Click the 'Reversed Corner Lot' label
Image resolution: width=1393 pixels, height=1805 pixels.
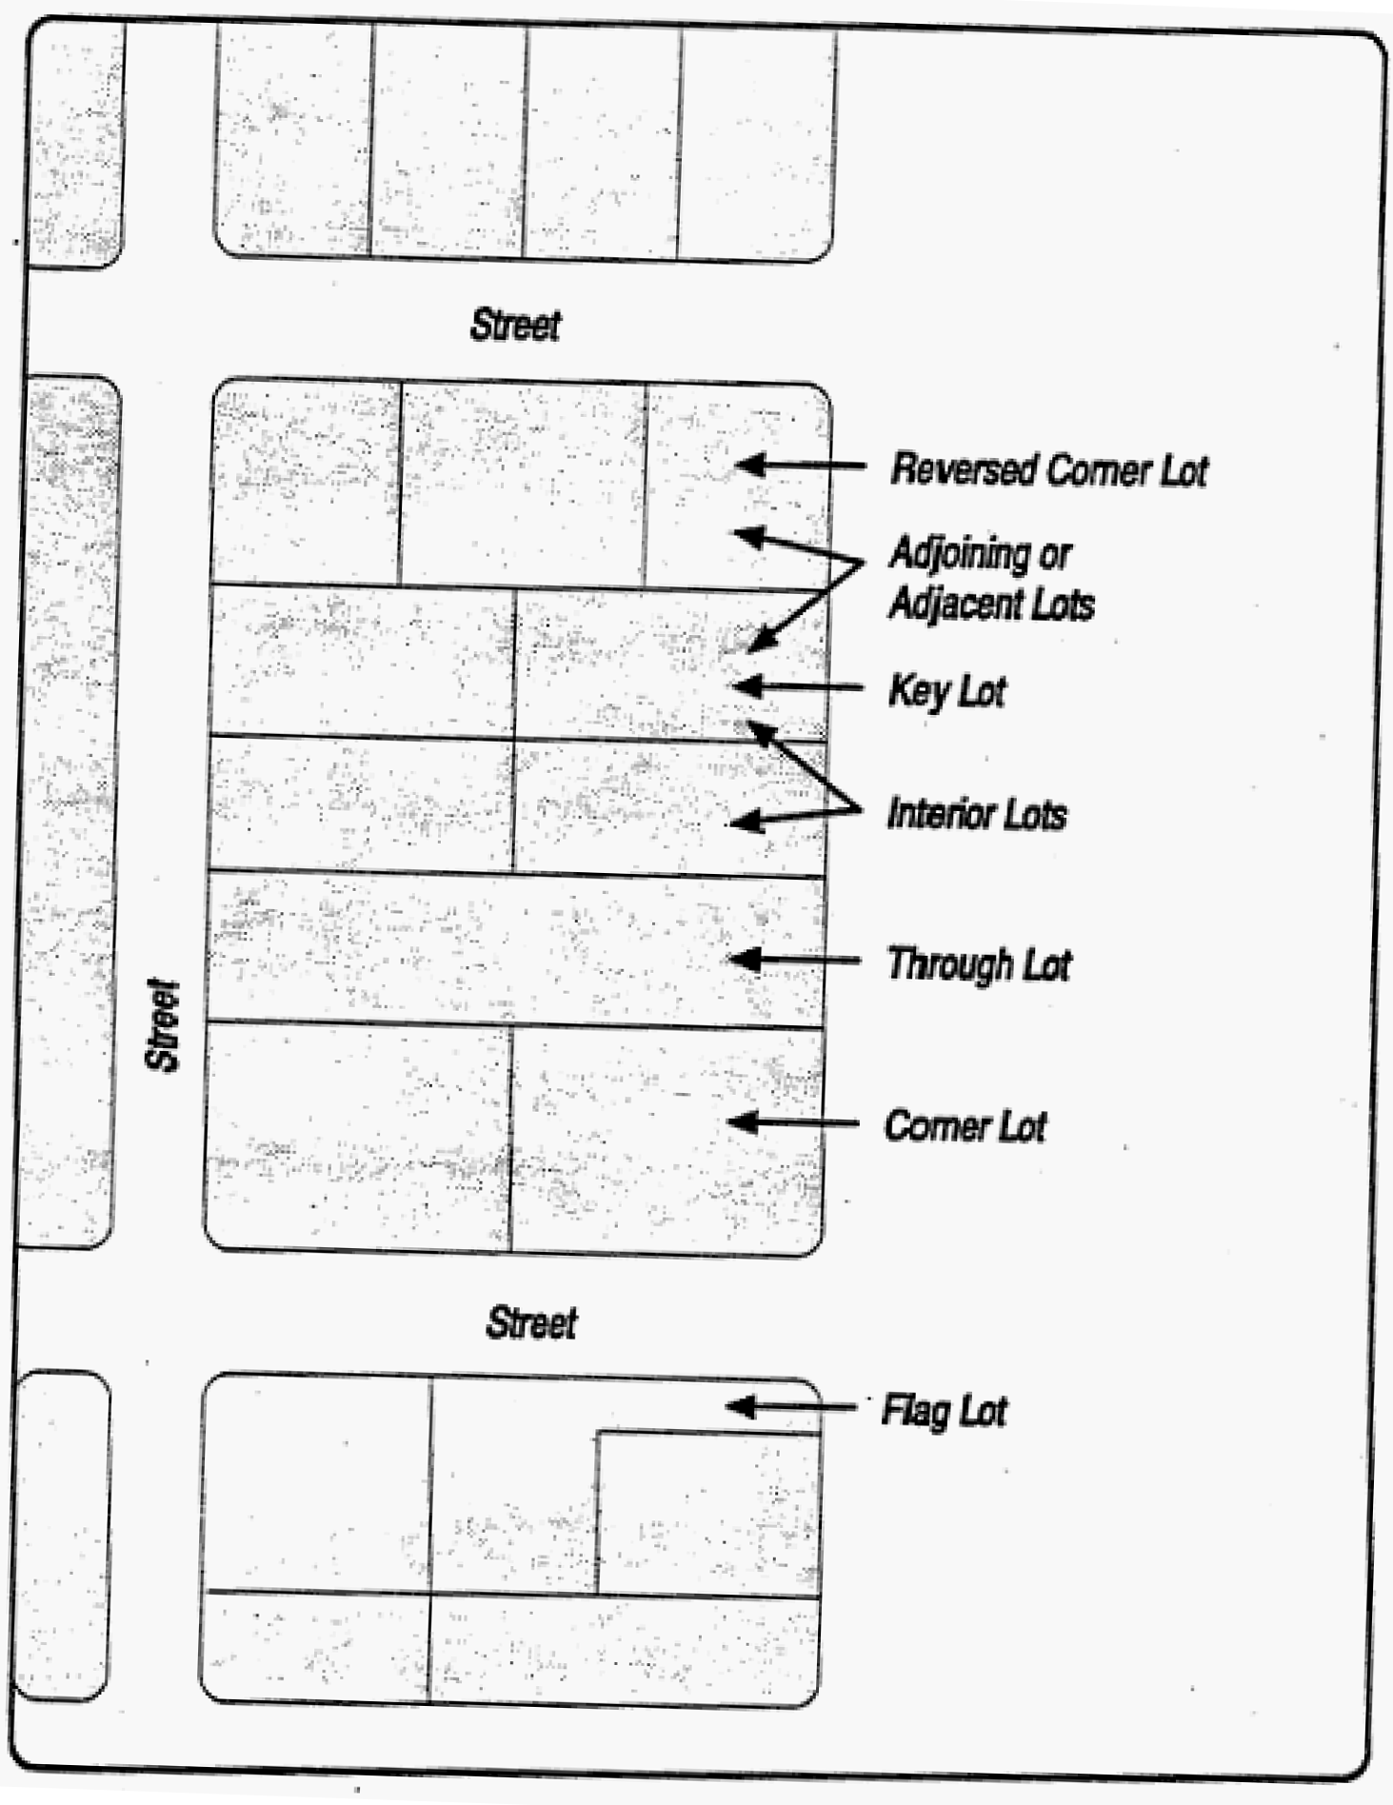coord(1048,470)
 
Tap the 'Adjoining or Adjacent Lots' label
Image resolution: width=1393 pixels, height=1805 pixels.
coord(990,579)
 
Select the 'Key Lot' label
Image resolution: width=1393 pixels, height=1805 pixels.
coord(946,690)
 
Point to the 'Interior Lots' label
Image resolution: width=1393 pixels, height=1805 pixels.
coord(977,815)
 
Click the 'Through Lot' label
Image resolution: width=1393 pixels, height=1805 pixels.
coord(979,964)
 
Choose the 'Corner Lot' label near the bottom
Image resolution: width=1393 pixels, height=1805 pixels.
coord(965,1126)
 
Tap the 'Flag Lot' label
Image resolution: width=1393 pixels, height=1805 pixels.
coord(944,1410)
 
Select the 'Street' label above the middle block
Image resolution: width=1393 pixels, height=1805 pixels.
coord(515,325)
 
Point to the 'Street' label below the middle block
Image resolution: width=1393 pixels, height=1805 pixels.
coord(531,1322)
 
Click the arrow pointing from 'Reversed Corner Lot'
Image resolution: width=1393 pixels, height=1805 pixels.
coord(800,466)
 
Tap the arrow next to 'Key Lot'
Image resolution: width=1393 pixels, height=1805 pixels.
coord(798,686)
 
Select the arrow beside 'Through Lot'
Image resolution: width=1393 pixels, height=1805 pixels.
coord(794,960)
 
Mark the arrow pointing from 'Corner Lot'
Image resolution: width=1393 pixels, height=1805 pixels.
coord(793,1122)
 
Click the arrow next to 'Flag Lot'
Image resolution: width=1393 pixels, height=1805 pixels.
coord(790,1406)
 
